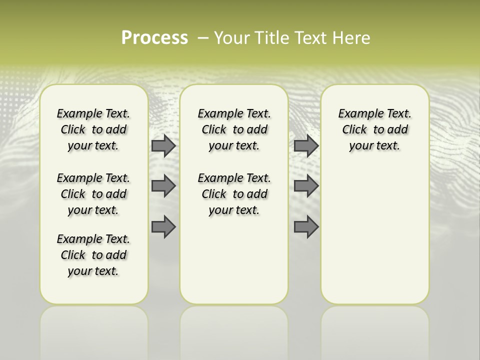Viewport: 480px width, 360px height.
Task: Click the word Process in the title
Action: coord(154,38)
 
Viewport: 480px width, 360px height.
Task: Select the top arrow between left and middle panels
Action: coord(163,146)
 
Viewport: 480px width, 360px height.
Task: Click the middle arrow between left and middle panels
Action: coord(163,186)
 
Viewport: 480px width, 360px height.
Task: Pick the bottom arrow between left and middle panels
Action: coord(163,227)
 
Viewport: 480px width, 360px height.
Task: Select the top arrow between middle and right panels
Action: coord(306,146)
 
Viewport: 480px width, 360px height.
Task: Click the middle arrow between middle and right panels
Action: coord(306,186)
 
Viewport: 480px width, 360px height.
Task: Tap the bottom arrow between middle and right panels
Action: coord(306,227)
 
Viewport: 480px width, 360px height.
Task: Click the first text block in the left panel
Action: coord(93,129)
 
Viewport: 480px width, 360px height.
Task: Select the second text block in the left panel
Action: coord(93,194)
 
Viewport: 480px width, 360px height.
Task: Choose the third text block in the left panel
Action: coord(93,255)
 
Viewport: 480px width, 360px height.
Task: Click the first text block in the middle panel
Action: coord(234,129)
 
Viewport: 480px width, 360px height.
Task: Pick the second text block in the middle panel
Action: coord(234,194)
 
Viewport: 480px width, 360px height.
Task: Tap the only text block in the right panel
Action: coord(374,129)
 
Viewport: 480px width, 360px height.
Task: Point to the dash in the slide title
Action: coord(203,38)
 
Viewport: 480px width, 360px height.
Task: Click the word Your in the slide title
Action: coord(231,38)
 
